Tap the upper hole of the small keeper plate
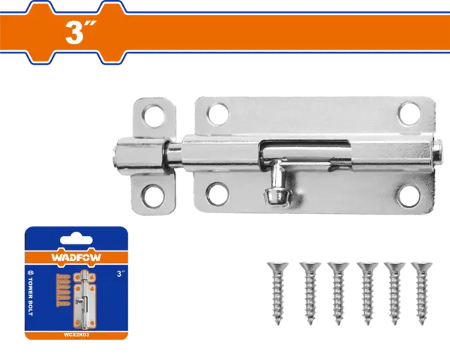click(x=154, y=113)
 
